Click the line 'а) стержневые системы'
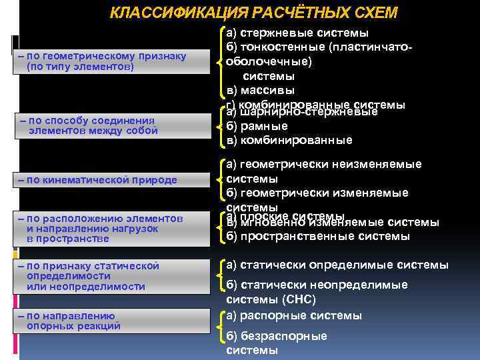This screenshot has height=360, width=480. tap(297, 33)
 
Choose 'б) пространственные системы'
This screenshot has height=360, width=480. tap(318, 236)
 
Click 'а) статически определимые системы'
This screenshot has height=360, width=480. tap(337, 265)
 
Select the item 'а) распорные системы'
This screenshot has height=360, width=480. tap(294, 315)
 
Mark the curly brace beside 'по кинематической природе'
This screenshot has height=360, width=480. tap(221, 179)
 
